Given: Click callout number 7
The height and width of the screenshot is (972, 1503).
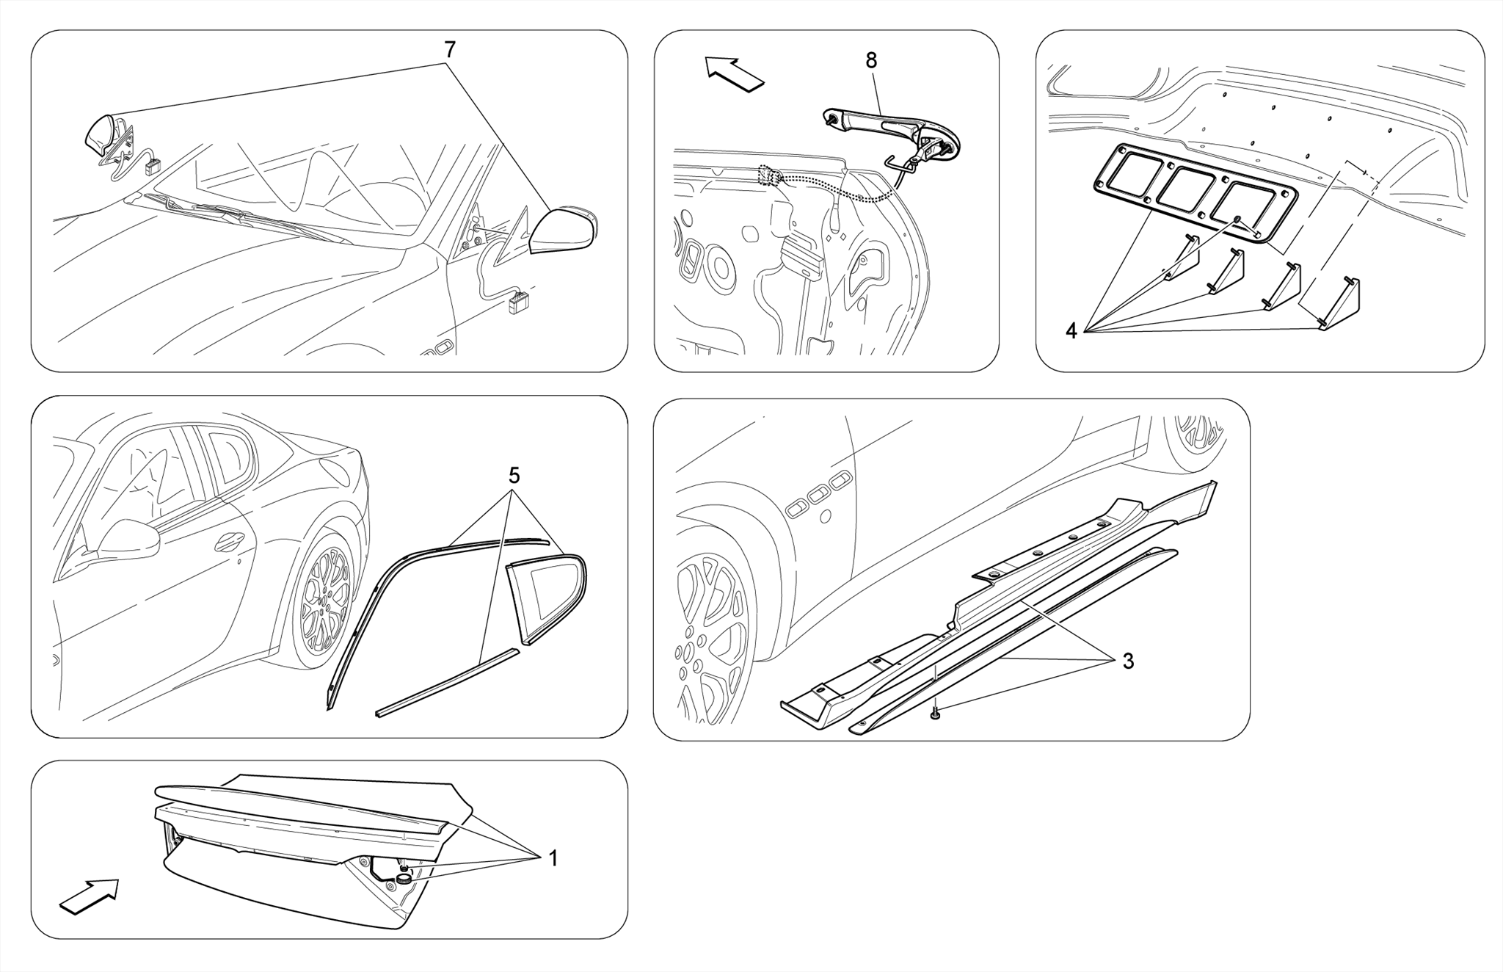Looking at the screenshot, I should pyautogui.click(x=449, y=50).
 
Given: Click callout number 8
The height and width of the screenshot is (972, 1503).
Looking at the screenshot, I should pyautogui.click(x=871, y=61).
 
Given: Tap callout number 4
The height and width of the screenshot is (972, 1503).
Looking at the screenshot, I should pyautogui.click(x=1071, y=331).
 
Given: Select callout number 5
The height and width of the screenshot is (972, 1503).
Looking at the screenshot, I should pyautogui.click(x=514, y=476).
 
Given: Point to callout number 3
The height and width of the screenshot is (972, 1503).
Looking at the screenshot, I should pyautogui.click(x=1128, y=661).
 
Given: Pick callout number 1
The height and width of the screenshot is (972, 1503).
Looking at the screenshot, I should pyautogui.click(x=553, y=857).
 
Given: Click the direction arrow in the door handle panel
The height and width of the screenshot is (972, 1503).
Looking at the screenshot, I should pyautogui.click(x=734, y=73).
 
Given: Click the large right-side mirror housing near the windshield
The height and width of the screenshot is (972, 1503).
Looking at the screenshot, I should pyautogui.click(x=562, y=231).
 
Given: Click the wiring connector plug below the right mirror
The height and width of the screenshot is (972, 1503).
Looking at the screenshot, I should pyautogui.click(x=520, y=301).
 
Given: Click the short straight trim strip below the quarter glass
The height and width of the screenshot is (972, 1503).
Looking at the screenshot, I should pyautogui.click(x=448, y=683).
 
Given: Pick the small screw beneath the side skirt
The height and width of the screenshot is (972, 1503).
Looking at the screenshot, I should pyautogui.click(x=935, y=714).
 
